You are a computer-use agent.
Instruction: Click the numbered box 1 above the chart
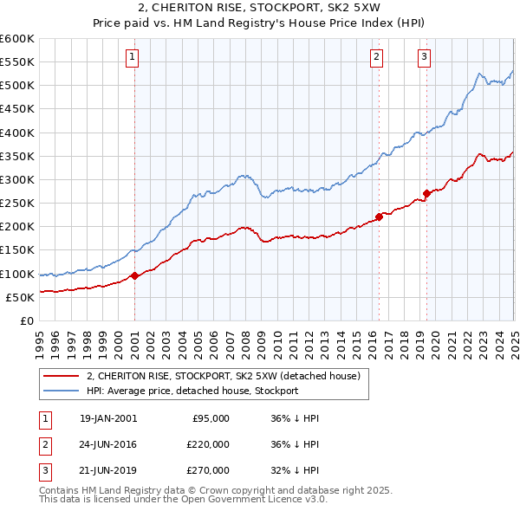coord(133,58)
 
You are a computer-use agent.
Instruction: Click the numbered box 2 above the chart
coord(377,58)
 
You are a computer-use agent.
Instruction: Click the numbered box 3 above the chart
coord(424,58)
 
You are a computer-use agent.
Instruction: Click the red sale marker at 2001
coord(135,276)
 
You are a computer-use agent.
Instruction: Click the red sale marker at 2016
coord(379,217)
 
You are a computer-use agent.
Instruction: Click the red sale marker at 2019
coord(426,193)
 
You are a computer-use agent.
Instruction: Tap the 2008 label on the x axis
coord(245,336)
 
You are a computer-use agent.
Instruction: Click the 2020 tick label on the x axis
coord(435,336)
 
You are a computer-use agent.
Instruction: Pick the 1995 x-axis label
coord(40,336)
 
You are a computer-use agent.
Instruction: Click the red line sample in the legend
coord(62,376)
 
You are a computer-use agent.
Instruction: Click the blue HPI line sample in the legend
coord(62,391)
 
